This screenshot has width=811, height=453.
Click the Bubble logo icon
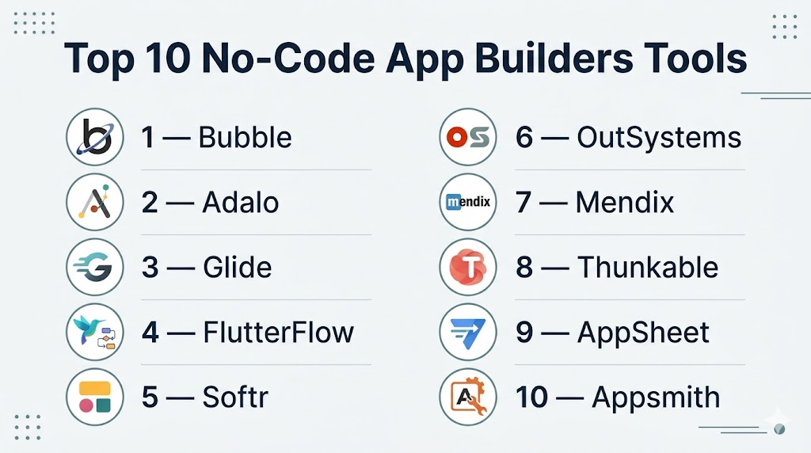click(95, 137)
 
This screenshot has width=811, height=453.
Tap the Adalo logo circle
click(95, 202)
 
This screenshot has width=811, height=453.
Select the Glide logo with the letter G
click(95, 268)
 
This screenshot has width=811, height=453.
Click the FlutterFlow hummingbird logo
click(95, 332)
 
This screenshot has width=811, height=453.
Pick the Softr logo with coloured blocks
click(95, 397)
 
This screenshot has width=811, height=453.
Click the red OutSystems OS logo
click(468, 137)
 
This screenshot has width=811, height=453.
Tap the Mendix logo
click(468, 202)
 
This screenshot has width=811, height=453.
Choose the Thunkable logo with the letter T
click(468, 268)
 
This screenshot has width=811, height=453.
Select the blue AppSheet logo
click(468, 332)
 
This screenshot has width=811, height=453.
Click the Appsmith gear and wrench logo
click(468, 397)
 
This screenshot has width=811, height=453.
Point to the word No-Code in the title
click(288, 58)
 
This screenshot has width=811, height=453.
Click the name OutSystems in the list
click(659, 138)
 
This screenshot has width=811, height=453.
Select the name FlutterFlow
click(278, 333)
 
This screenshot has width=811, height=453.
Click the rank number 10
click(531, 397)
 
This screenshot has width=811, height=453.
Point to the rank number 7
click(524, 202)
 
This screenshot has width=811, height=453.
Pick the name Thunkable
click(648, 268)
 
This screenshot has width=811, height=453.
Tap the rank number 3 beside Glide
click(150, 268)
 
